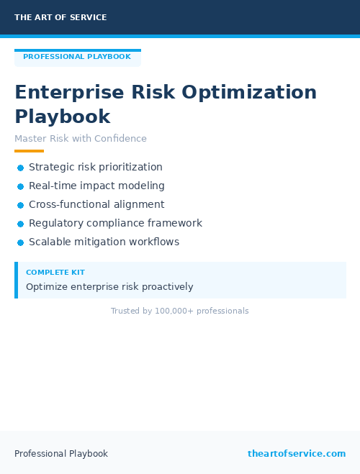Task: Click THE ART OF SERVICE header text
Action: [x=60, y=17]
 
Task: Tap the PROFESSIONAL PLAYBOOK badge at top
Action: [x=77, y=57]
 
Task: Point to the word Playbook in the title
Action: [x=63, y=117]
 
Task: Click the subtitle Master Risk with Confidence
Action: [x=81, y=139]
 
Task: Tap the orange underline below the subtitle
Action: [x=29, y=151]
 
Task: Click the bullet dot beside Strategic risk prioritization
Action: [x=21, y=168]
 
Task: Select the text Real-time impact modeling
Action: [x=96, y=186]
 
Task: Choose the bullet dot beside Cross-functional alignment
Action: [x=21, y=205]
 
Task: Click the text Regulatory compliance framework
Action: [x=115, y=224]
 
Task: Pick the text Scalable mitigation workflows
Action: [x=104, y=242]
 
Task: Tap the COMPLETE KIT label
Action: [x=55, y=273]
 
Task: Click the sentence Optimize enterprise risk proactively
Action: [x=109, y=287]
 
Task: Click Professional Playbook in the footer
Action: [x=61, y=454]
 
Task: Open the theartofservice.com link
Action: [x=297, y=454]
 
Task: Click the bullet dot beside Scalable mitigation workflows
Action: [x=21, y=243]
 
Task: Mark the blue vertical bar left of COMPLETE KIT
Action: [x=16, y=280]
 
